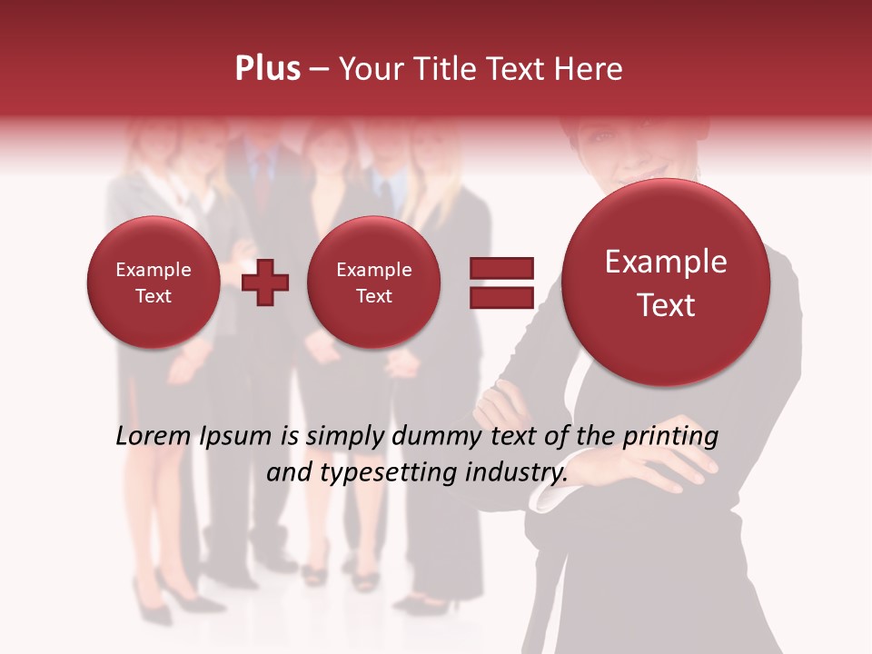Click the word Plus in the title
267,69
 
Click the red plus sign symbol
265,282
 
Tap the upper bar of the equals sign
500,268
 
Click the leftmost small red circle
153,282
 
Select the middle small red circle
373,282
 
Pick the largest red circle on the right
666,282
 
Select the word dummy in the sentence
423,437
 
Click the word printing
669,437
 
